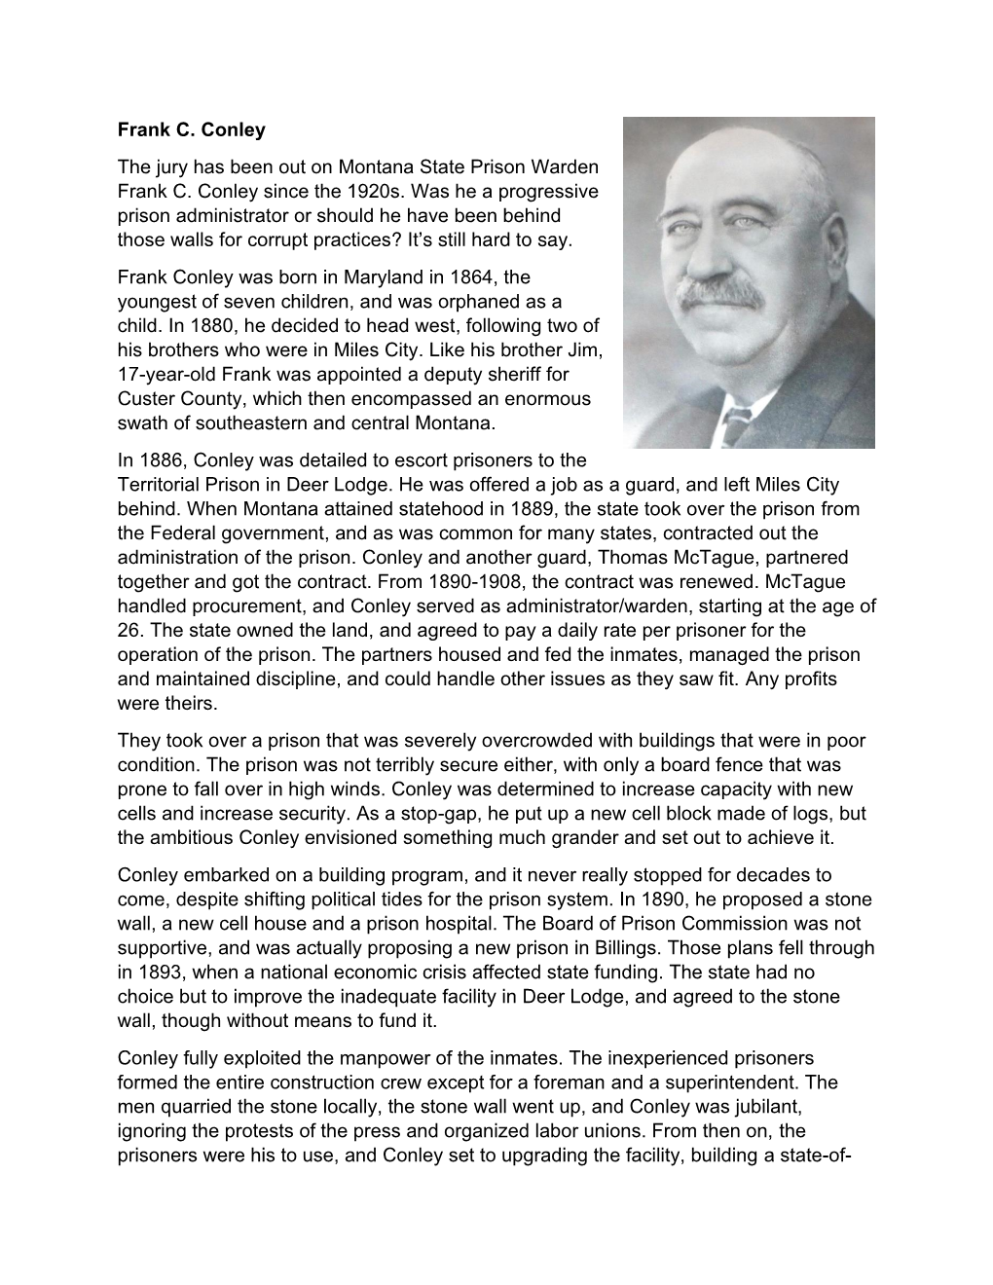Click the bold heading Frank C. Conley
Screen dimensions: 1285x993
pyautogui.click(x=191, y=128)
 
